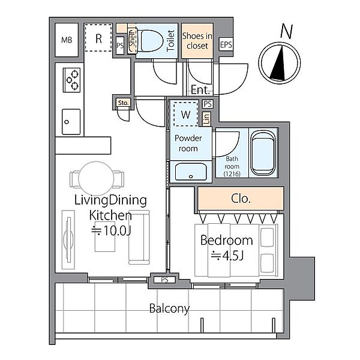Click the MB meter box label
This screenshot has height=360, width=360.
pos(67,40)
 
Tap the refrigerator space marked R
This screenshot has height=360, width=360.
pos(98,37)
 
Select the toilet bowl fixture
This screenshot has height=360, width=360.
pos(150,41)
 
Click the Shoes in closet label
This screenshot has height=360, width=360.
pos(197,41)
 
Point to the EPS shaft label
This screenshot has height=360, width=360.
pos(226,44)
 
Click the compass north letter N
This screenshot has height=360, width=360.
pos(287,31)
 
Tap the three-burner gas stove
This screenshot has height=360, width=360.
pos(71,80)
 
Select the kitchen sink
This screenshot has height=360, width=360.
pos(71,122)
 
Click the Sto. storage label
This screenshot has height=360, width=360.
pos(123,103)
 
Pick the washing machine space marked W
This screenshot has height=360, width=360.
pos(185,114)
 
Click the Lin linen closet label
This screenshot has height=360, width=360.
pos(207,119)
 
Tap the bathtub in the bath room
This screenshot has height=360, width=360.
pos(263,153)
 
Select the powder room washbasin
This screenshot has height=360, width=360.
pos(191,172)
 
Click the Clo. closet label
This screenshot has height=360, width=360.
pos(241,199)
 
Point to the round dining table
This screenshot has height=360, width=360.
pos(96,178)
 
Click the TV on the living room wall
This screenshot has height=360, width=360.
pos(69,239)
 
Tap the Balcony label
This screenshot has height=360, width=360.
pos(169,309)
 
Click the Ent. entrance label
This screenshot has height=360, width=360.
pos(200,90)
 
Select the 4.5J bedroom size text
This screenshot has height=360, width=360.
pos(227,256)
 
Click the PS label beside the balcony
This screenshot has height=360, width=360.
pos(164,280)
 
